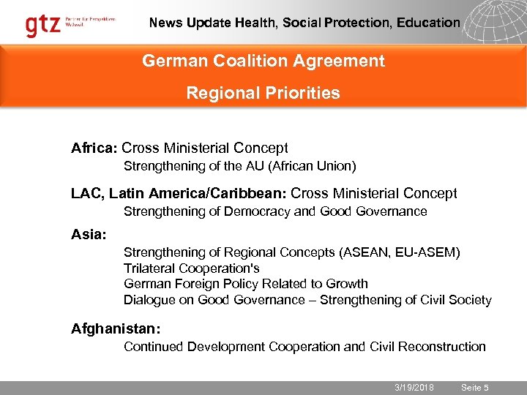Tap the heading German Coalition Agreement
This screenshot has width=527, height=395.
[263, 61]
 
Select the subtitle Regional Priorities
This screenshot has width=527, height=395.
[263, 93]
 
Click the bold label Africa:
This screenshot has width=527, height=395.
[94, 148]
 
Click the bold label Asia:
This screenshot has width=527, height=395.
[89, 235]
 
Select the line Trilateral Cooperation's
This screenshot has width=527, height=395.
[192, 268]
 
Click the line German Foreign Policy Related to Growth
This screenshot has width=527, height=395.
[246, 284]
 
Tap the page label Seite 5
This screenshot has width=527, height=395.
[476, 388]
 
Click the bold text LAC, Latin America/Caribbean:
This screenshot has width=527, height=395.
[179, 194]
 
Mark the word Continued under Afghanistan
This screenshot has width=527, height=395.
[154, 347]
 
